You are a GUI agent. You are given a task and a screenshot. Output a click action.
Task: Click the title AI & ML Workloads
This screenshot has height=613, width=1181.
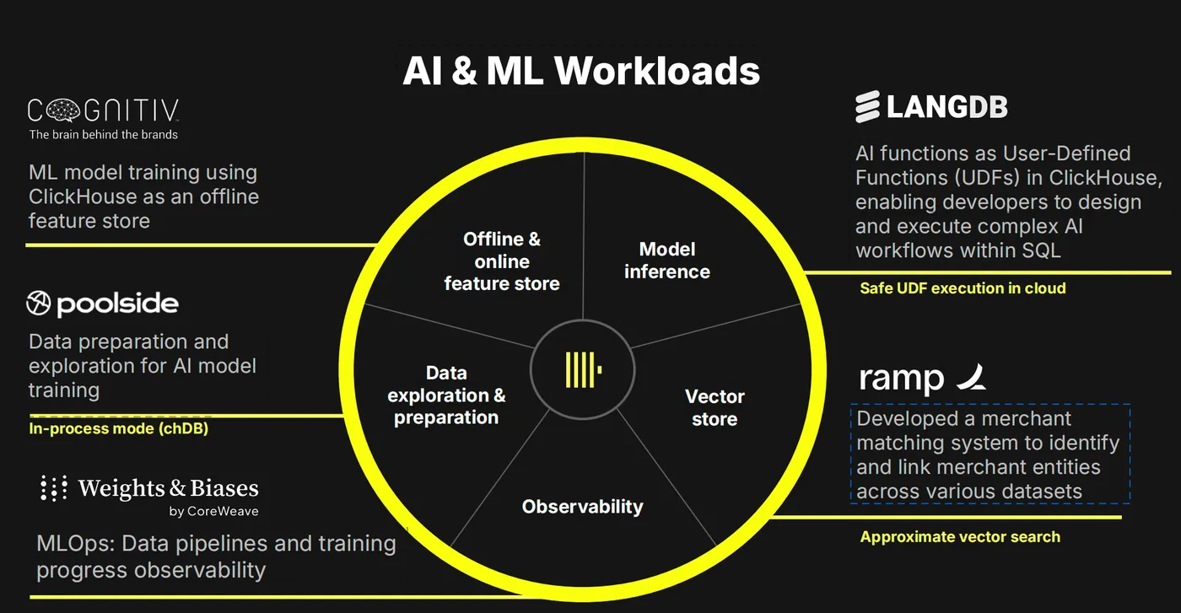(581, 71)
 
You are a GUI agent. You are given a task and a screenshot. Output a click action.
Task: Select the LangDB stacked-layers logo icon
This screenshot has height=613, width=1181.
(867, 106)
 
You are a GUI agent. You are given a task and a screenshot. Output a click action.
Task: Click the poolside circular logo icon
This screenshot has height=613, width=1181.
(39, 303)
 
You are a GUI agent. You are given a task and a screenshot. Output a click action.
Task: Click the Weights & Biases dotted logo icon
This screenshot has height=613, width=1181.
(54, 487)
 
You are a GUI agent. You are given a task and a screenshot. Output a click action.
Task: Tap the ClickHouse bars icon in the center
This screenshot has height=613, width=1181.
(583, 369)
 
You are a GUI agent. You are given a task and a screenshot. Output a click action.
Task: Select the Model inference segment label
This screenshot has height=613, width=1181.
(667, 261)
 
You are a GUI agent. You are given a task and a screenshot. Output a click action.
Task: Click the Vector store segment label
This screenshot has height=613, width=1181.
(715, 407)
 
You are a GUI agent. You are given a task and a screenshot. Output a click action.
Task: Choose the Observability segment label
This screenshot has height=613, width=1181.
(583, 507)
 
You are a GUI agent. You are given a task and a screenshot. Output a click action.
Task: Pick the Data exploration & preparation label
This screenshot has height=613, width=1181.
(446, 395)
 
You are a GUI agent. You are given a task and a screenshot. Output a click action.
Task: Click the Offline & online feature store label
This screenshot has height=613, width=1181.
(502, 261)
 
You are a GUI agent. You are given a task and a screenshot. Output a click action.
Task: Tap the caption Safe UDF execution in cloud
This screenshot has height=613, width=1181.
(963, 288)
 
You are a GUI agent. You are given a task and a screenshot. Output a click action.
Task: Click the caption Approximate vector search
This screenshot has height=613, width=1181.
(960, 537)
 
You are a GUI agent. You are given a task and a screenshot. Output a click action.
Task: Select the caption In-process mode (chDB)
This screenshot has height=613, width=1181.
(119, 428)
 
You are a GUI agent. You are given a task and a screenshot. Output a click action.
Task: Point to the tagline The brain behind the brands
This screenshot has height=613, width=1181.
(103, 134)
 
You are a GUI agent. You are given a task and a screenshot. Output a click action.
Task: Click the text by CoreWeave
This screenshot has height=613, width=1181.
(213, 511)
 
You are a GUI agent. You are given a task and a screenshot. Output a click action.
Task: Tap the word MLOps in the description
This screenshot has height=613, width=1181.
(76, 544)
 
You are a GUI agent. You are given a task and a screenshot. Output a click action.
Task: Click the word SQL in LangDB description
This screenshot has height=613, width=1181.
(1041, 251)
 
